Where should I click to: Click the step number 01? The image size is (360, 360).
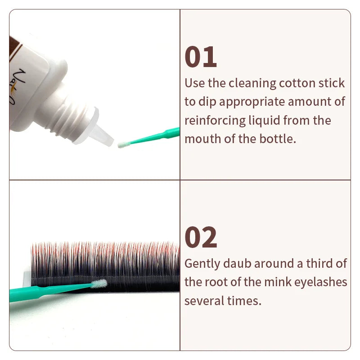pyautogui.click(x=201, y=57)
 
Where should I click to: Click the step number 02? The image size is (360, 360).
pyautogui.click(x=201, y=238)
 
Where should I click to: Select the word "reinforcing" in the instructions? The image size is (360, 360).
pyautogui.click(x=211, y=121)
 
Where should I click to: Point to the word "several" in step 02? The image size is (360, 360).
pyautogui.click(x=202, y=301)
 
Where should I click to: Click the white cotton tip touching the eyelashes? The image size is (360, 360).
pyautogui.click(x=99, y=283)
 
